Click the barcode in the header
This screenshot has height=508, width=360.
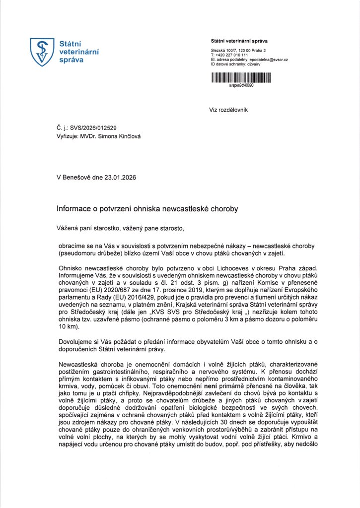[x=241, y=77]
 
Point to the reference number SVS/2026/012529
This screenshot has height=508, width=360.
[x=94, y=128]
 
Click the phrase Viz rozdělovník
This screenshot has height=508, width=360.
[x=228, y=109]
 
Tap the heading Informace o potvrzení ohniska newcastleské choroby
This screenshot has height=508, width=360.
[x=147, y=209]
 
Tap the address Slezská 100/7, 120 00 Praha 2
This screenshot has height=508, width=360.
[x=238, y=51]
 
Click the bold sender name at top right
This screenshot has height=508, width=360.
[x=239, y=41]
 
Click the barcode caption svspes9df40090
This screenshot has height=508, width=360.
[x=241, y=85]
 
